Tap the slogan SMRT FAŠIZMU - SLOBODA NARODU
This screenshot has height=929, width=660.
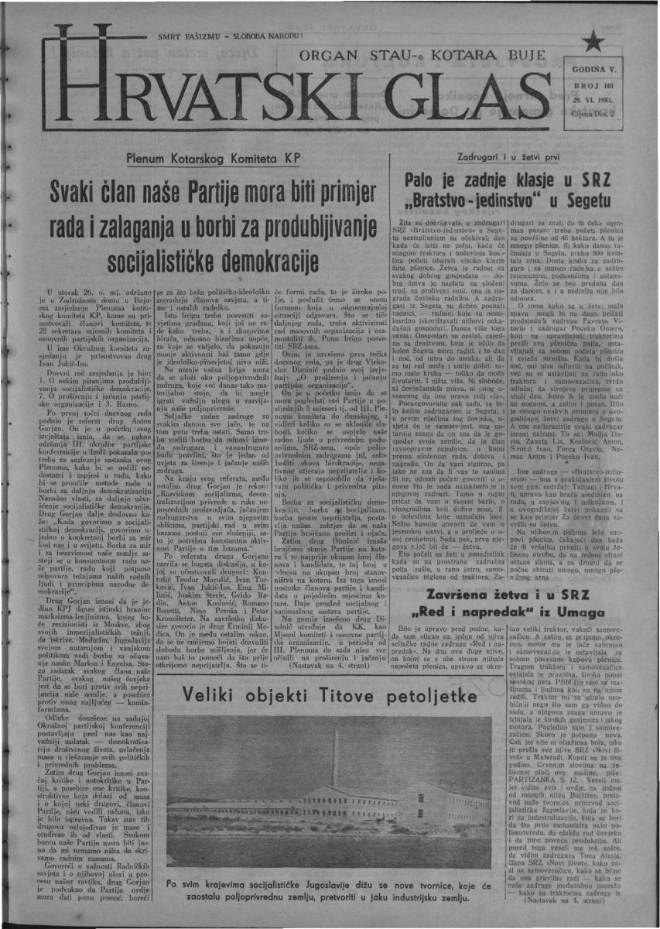tap(231, 36)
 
